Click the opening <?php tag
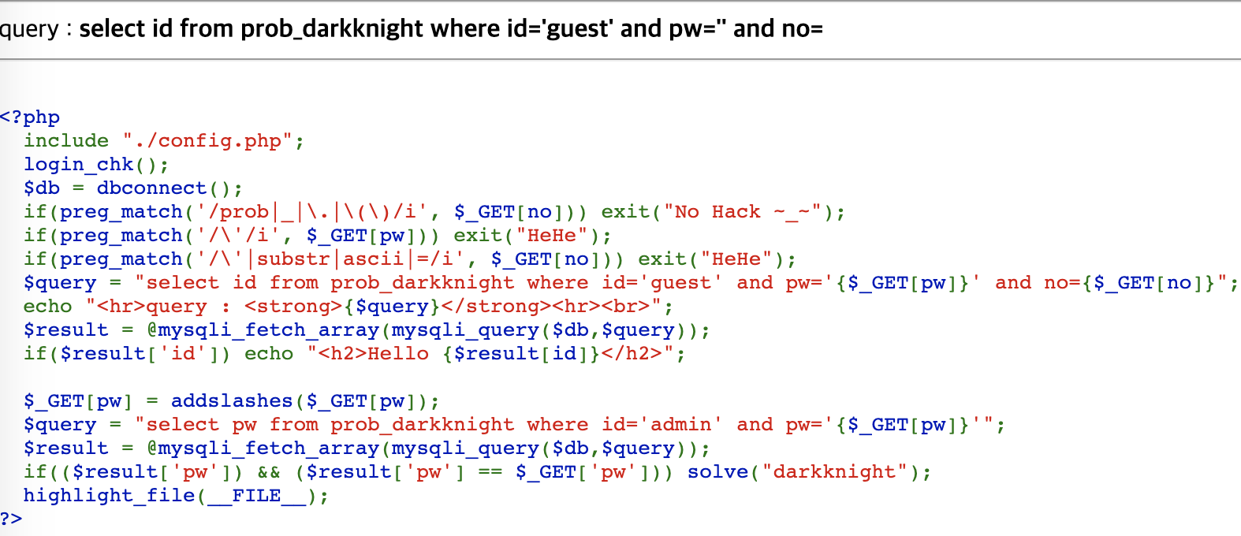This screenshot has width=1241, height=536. (30, 117)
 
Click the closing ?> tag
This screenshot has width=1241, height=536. (11, 519)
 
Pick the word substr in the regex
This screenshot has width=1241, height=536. (293, 259)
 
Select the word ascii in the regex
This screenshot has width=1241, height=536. (373, 259)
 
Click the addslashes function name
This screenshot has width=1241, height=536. (232, 401)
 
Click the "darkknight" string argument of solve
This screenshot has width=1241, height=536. (834, 472)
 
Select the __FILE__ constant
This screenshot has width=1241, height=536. (256, 496)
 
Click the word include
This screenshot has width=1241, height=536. (66, 141)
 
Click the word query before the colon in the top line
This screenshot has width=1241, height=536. (29, 29)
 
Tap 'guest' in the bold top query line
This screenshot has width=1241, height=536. (579, 29)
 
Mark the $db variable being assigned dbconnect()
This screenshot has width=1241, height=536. (42, 188)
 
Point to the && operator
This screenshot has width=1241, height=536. (269, 472)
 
